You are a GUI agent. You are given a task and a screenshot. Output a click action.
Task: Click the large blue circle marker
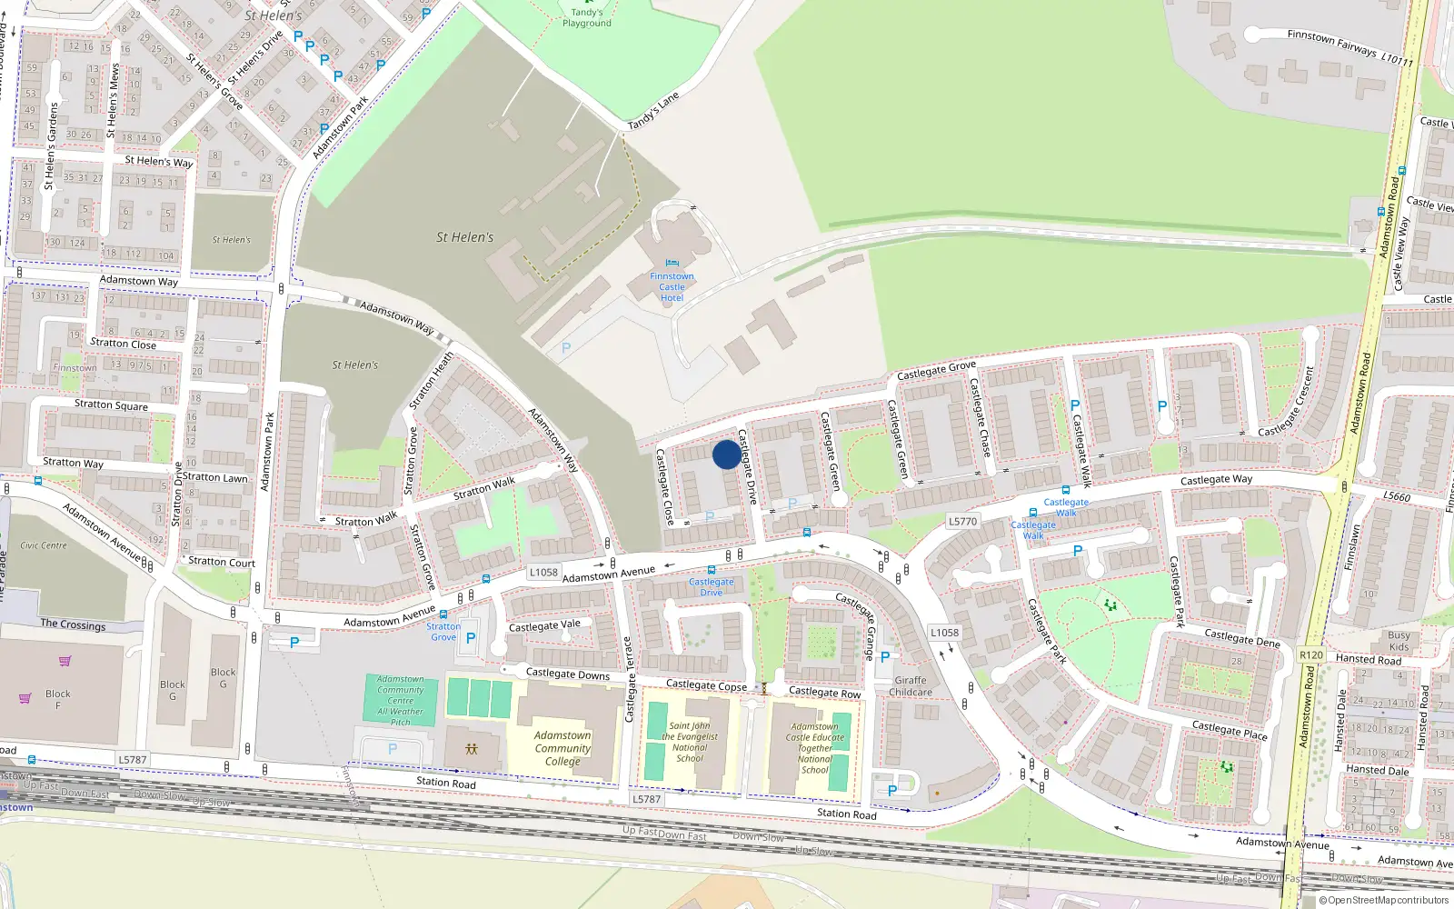726,454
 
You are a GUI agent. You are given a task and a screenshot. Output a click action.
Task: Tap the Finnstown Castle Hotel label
672,286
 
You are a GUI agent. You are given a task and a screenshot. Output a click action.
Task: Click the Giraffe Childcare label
911,686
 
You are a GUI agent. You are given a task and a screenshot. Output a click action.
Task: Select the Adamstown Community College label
563,748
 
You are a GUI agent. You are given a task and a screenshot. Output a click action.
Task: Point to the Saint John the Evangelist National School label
690,742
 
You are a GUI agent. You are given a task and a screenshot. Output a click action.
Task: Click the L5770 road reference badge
962,522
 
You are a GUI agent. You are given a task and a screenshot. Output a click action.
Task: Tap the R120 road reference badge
1311,654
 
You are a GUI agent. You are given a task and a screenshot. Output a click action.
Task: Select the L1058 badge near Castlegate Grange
944,633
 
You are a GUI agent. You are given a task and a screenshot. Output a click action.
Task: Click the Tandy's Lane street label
653,111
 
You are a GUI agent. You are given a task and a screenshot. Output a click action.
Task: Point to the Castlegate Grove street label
936,370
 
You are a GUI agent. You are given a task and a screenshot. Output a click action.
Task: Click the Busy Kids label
1399,641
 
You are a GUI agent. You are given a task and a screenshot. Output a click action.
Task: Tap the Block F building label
58,699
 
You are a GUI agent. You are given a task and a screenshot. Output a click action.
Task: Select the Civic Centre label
44,545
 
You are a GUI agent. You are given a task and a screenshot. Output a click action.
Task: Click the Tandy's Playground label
586,18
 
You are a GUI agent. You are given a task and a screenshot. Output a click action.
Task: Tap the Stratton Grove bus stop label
443,632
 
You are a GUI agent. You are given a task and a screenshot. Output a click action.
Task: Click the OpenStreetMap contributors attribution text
1388,900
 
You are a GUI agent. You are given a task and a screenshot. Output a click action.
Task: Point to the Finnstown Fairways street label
1349,47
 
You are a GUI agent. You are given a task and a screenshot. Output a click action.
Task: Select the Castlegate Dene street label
1241,637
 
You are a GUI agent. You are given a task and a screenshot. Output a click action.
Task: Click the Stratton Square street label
111,405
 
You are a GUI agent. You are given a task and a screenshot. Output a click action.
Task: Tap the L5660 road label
1397,496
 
